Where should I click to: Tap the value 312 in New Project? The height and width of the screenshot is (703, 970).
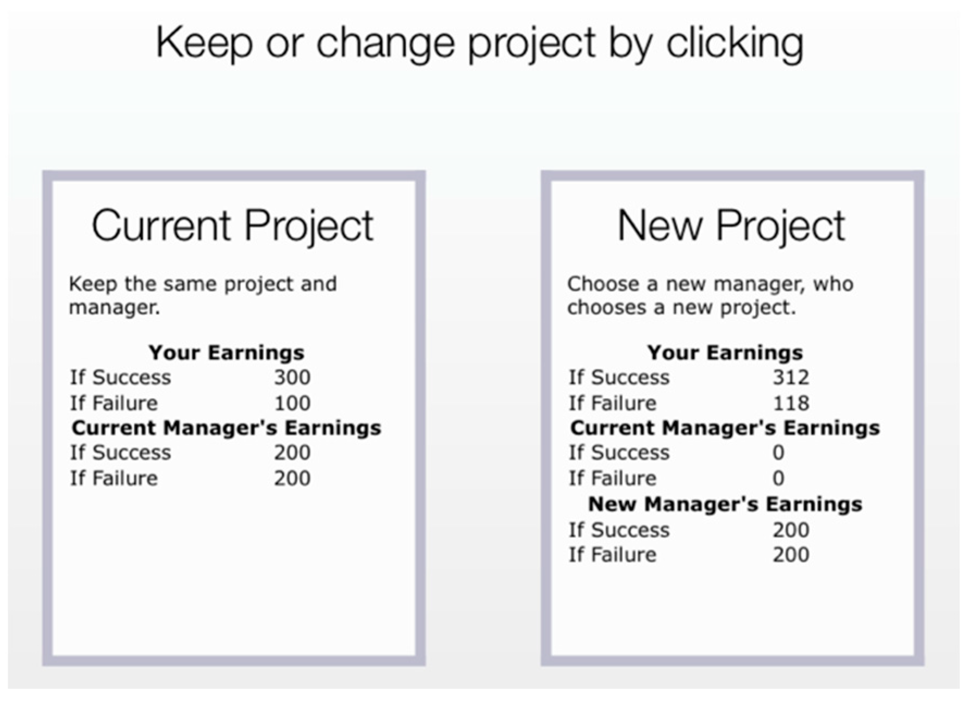pos(791,377)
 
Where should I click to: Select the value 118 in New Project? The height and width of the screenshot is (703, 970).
pos(791,403)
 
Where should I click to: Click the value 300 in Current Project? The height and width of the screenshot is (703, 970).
pos(292,377)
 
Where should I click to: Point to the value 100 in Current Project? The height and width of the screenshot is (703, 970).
pos(292,403)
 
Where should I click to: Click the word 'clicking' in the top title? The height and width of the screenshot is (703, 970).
pos(735,43)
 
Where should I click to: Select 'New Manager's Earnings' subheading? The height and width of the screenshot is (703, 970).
pos(725,505)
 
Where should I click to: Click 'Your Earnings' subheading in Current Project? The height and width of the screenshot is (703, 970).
pos(226,352)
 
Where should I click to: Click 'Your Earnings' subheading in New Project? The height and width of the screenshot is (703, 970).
pos(725,352)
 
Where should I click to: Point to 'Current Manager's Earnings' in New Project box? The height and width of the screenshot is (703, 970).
pos(725,428)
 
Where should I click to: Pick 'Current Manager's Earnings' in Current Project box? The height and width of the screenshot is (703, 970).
pos(226,428)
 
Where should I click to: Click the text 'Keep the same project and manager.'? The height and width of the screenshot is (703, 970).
pos(203,295)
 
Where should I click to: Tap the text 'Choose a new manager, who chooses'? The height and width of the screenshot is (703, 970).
pos(710,295)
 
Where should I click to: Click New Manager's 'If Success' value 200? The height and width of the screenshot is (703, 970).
pos(791,530)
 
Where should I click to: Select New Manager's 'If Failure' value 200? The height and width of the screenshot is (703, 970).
pos(791,555)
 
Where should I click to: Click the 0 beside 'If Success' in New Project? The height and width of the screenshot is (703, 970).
pos(779,453)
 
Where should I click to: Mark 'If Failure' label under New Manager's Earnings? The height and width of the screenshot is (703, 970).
pos(613,555)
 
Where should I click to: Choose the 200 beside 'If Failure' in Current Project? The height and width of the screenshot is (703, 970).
pos(292,478)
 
